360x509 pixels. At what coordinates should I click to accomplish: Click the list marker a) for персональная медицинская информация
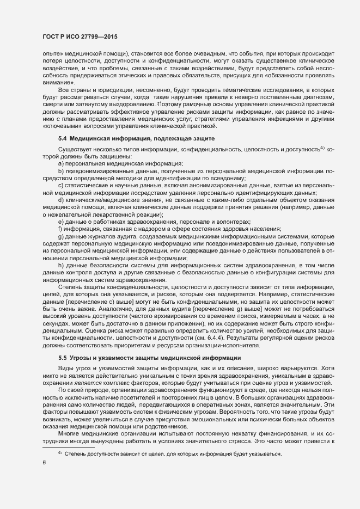(60, 163)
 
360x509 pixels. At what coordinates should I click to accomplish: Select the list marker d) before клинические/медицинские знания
(60, 200)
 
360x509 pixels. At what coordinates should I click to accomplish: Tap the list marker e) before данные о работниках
(60, 222)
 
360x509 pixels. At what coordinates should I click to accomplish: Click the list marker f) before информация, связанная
(60, 229)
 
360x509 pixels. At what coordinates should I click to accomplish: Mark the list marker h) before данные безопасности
(60, 265)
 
